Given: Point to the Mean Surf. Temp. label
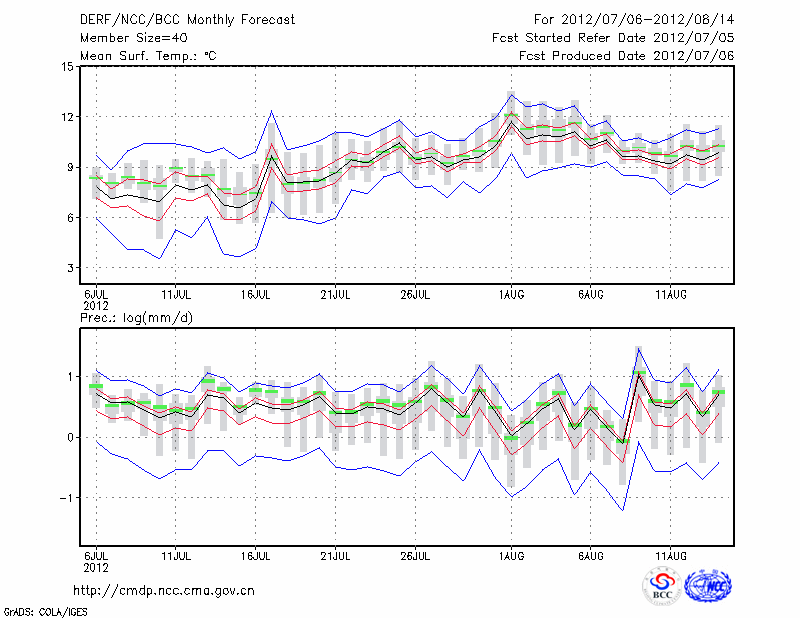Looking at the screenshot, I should [148, 56].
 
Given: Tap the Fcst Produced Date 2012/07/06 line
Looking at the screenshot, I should [627, 56].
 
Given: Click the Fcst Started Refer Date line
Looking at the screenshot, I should [613, 38].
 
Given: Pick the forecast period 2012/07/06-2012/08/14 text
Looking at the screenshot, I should [634, 20].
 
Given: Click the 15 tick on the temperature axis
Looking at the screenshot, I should [67, 67].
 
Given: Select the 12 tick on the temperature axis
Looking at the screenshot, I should [67, 117].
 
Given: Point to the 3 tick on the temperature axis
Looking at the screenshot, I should [70, 268].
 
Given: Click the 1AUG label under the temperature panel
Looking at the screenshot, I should [511, 294].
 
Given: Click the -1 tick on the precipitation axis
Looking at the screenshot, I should [67, 498].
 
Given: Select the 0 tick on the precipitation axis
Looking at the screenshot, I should [70, 437].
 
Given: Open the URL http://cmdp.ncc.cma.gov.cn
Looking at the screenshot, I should [167, 590].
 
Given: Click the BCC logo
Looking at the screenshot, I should [662, 587].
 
